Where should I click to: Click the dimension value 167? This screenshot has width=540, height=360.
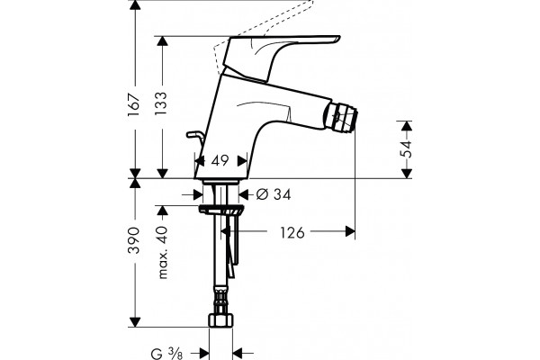tap(134, 104)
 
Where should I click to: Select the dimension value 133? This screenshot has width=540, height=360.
tap(161, 103)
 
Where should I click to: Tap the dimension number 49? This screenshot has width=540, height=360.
tap(220, 160)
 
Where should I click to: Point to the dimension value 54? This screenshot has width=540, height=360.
tap(407, 148)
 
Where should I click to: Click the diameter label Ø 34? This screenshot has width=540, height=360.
tap(274, 194)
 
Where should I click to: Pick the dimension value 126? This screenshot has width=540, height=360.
tap(292, 232)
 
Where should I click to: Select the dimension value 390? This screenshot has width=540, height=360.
tap(134, 240)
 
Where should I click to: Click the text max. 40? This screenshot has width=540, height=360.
tap(162, 252)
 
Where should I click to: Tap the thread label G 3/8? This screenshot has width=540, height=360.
tap(167, 354)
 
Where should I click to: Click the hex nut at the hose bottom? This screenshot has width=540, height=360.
tap(220, 320)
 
